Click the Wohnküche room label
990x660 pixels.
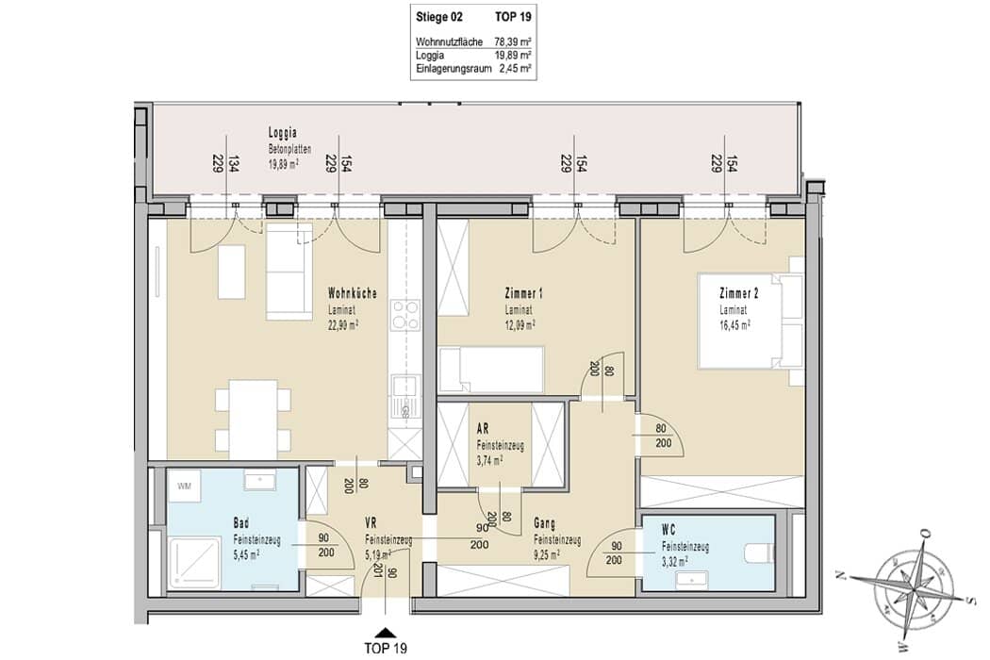[x=353, y=293]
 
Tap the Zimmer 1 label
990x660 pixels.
[x=523, y=293]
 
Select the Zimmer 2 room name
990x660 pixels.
[x=738, y=293]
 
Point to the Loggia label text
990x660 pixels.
[x=282, y=133]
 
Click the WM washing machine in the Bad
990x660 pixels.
[x=185, y=486]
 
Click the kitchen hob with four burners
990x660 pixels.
[x=405, y=315]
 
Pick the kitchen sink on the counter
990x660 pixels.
[x=405, y=398]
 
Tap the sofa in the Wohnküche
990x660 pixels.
[x=289, y=272]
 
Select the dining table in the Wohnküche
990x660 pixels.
[x=254, y=419]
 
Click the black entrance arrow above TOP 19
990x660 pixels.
[x=385, y=632]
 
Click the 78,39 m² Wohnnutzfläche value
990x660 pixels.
[x=512, y=41]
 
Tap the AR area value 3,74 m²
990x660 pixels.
[x=489, y=460]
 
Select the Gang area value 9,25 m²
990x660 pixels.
[x=547, y=555]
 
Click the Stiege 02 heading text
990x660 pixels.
[x=438, y=17]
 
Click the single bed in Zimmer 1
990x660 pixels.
[x=491, y=370]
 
